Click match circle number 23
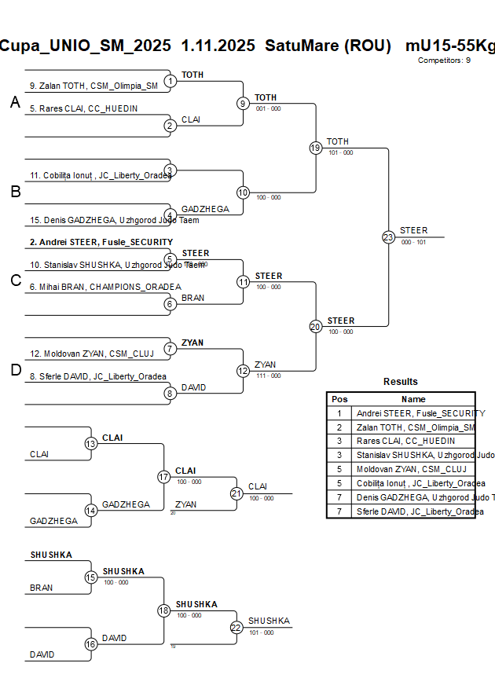click(x=388, y=237)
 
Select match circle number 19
click(x=316, y=148)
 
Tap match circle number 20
click(x=316, y=327)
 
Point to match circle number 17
click(x=164, y=477)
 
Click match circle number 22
click(x=236, y=627)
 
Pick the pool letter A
click(x=15, y=102)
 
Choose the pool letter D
click(x=15, y=371)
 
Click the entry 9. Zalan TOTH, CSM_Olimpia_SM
click(x=93, y=86)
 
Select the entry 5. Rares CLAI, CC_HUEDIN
click(x=83, y=108)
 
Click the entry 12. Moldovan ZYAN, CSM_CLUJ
click(x=92, y=354)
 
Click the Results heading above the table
click(x=401, y=382)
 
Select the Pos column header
click(x=339, y=399)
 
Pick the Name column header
click(x=413, y=399)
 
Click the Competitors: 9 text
click(x=444, y=60)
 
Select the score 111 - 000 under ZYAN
click(x=269, y=376)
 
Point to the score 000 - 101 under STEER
click(x=413, y=242)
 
